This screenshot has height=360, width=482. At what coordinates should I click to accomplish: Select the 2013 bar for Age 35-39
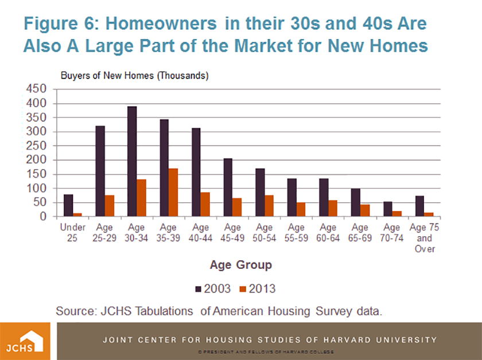[x=173, y=193]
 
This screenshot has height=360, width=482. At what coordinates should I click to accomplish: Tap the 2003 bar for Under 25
[x=68, y=205]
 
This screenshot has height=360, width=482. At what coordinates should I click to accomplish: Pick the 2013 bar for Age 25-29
[x=109, y=206]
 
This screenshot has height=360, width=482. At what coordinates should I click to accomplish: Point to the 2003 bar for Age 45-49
[x=228, y=187]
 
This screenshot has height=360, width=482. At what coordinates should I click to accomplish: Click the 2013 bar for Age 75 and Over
[x=429, y=214]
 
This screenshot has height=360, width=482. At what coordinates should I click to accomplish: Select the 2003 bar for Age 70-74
[x=387, y=209]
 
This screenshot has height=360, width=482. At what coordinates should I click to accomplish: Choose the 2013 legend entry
[x=259, y=288]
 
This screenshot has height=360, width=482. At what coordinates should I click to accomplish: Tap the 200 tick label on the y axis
[x=37, y=160]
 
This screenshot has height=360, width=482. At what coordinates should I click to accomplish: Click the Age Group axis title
[x=240, y=265]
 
